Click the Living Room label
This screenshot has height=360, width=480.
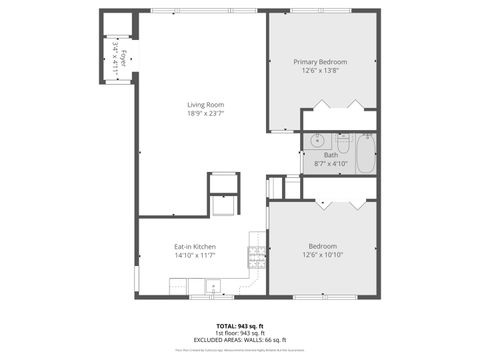pyautogui.click(x=205, y=105)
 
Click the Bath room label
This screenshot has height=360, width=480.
pyautogui.click(x=330, y=154)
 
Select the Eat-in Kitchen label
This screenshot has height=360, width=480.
pyautogui.click(x=195, y=247)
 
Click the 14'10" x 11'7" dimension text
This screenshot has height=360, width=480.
pyautogui.click(x=195, y=256)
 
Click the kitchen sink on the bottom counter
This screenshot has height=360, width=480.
pyautogui.click(x=212, y=288)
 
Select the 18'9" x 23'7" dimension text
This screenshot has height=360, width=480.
pyautogui.click(x=205, y=114)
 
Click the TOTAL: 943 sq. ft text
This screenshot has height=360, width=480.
pyautogui.click(x=240, y=326)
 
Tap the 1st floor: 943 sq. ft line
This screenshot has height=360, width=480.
pyautogui.click(x=240, y=333)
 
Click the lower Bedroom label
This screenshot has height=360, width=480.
pyautogui.click(x=322, y=246)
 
